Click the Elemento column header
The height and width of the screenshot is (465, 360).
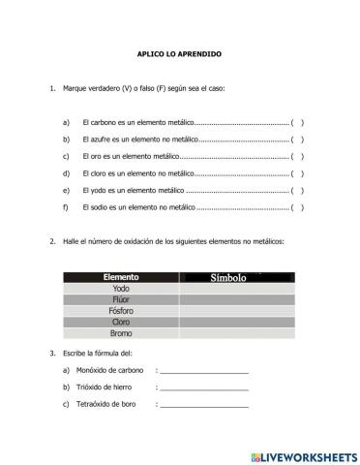tap(121, 277)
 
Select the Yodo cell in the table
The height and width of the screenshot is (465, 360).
tap(121, 289)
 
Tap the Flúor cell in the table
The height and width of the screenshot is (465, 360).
tap(121, 300)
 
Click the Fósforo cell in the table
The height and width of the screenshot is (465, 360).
tap(121, 311)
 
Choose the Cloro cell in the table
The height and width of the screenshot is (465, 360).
tap(121, 323)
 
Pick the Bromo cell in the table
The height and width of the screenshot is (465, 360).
tap(121, 334)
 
